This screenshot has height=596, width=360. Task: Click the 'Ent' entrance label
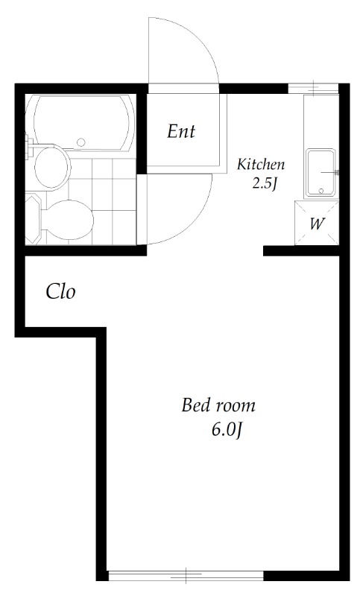(x=180, y=132)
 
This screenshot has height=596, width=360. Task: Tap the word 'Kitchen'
(x=260, y=164)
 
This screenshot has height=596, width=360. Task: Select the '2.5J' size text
(x=265, y=183)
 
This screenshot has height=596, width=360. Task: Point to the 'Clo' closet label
(x=60, y=291)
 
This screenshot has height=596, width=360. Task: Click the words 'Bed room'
(x=218, y=406)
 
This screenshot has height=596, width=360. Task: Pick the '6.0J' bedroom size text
(x=227, y=430)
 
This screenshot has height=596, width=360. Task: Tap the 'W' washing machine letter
(x=317, y=223)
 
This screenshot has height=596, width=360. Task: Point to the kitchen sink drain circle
(x=321, y=191)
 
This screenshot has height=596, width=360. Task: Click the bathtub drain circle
(x=82, y=139)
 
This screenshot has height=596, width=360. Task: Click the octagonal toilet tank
(x=34, y=218)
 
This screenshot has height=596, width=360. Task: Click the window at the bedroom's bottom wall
(x=186, y=575)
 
